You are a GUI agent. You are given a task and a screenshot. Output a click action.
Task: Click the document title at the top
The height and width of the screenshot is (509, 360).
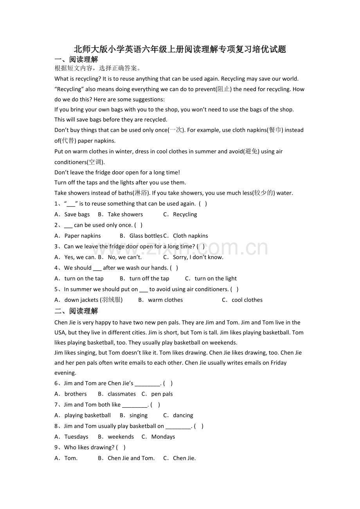click(x=180, y=49)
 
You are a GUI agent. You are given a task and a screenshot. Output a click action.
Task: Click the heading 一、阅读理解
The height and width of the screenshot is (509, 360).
click(x=76, y=59)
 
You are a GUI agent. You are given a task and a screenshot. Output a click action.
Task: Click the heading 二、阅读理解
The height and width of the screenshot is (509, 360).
click(x=76, y=311)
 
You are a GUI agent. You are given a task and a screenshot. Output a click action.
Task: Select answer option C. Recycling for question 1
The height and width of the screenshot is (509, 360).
click(x=180, y=215)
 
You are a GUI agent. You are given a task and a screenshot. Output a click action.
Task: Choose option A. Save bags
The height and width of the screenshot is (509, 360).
click(x=72, y=215)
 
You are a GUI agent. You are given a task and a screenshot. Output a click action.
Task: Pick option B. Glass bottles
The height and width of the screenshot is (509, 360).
click(x=141, y=236)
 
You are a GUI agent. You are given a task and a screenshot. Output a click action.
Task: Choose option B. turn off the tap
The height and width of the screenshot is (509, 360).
click(x=144, y=279)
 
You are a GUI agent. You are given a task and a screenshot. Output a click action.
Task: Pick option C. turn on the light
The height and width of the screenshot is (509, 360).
click(x=211, y=279)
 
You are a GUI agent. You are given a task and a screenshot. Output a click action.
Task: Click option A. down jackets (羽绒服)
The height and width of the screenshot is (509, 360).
click(x=89, y=300)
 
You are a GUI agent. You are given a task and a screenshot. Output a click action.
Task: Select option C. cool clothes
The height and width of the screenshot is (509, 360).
click(x=242, y=300)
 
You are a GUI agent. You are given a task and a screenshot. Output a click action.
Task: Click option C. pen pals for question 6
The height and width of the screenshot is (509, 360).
click(x=157, y=394)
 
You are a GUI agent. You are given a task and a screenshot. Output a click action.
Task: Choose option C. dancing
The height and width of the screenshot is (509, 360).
click(x=178, y=416)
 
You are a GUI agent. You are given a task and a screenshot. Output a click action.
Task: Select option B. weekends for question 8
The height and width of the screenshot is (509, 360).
click(x=116, y=437)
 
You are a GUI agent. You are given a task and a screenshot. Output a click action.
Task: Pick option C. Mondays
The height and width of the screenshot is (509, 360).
click(x=158, y=437)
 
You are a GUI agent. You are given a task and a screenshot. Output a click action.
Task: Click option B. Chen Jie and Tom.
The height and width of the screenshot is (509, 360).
click(x=126, y=458)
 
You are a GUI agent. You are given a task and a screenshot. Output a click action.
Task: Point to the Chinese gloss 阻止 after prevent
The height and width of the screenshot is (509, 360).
click(x=223, y=89)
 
